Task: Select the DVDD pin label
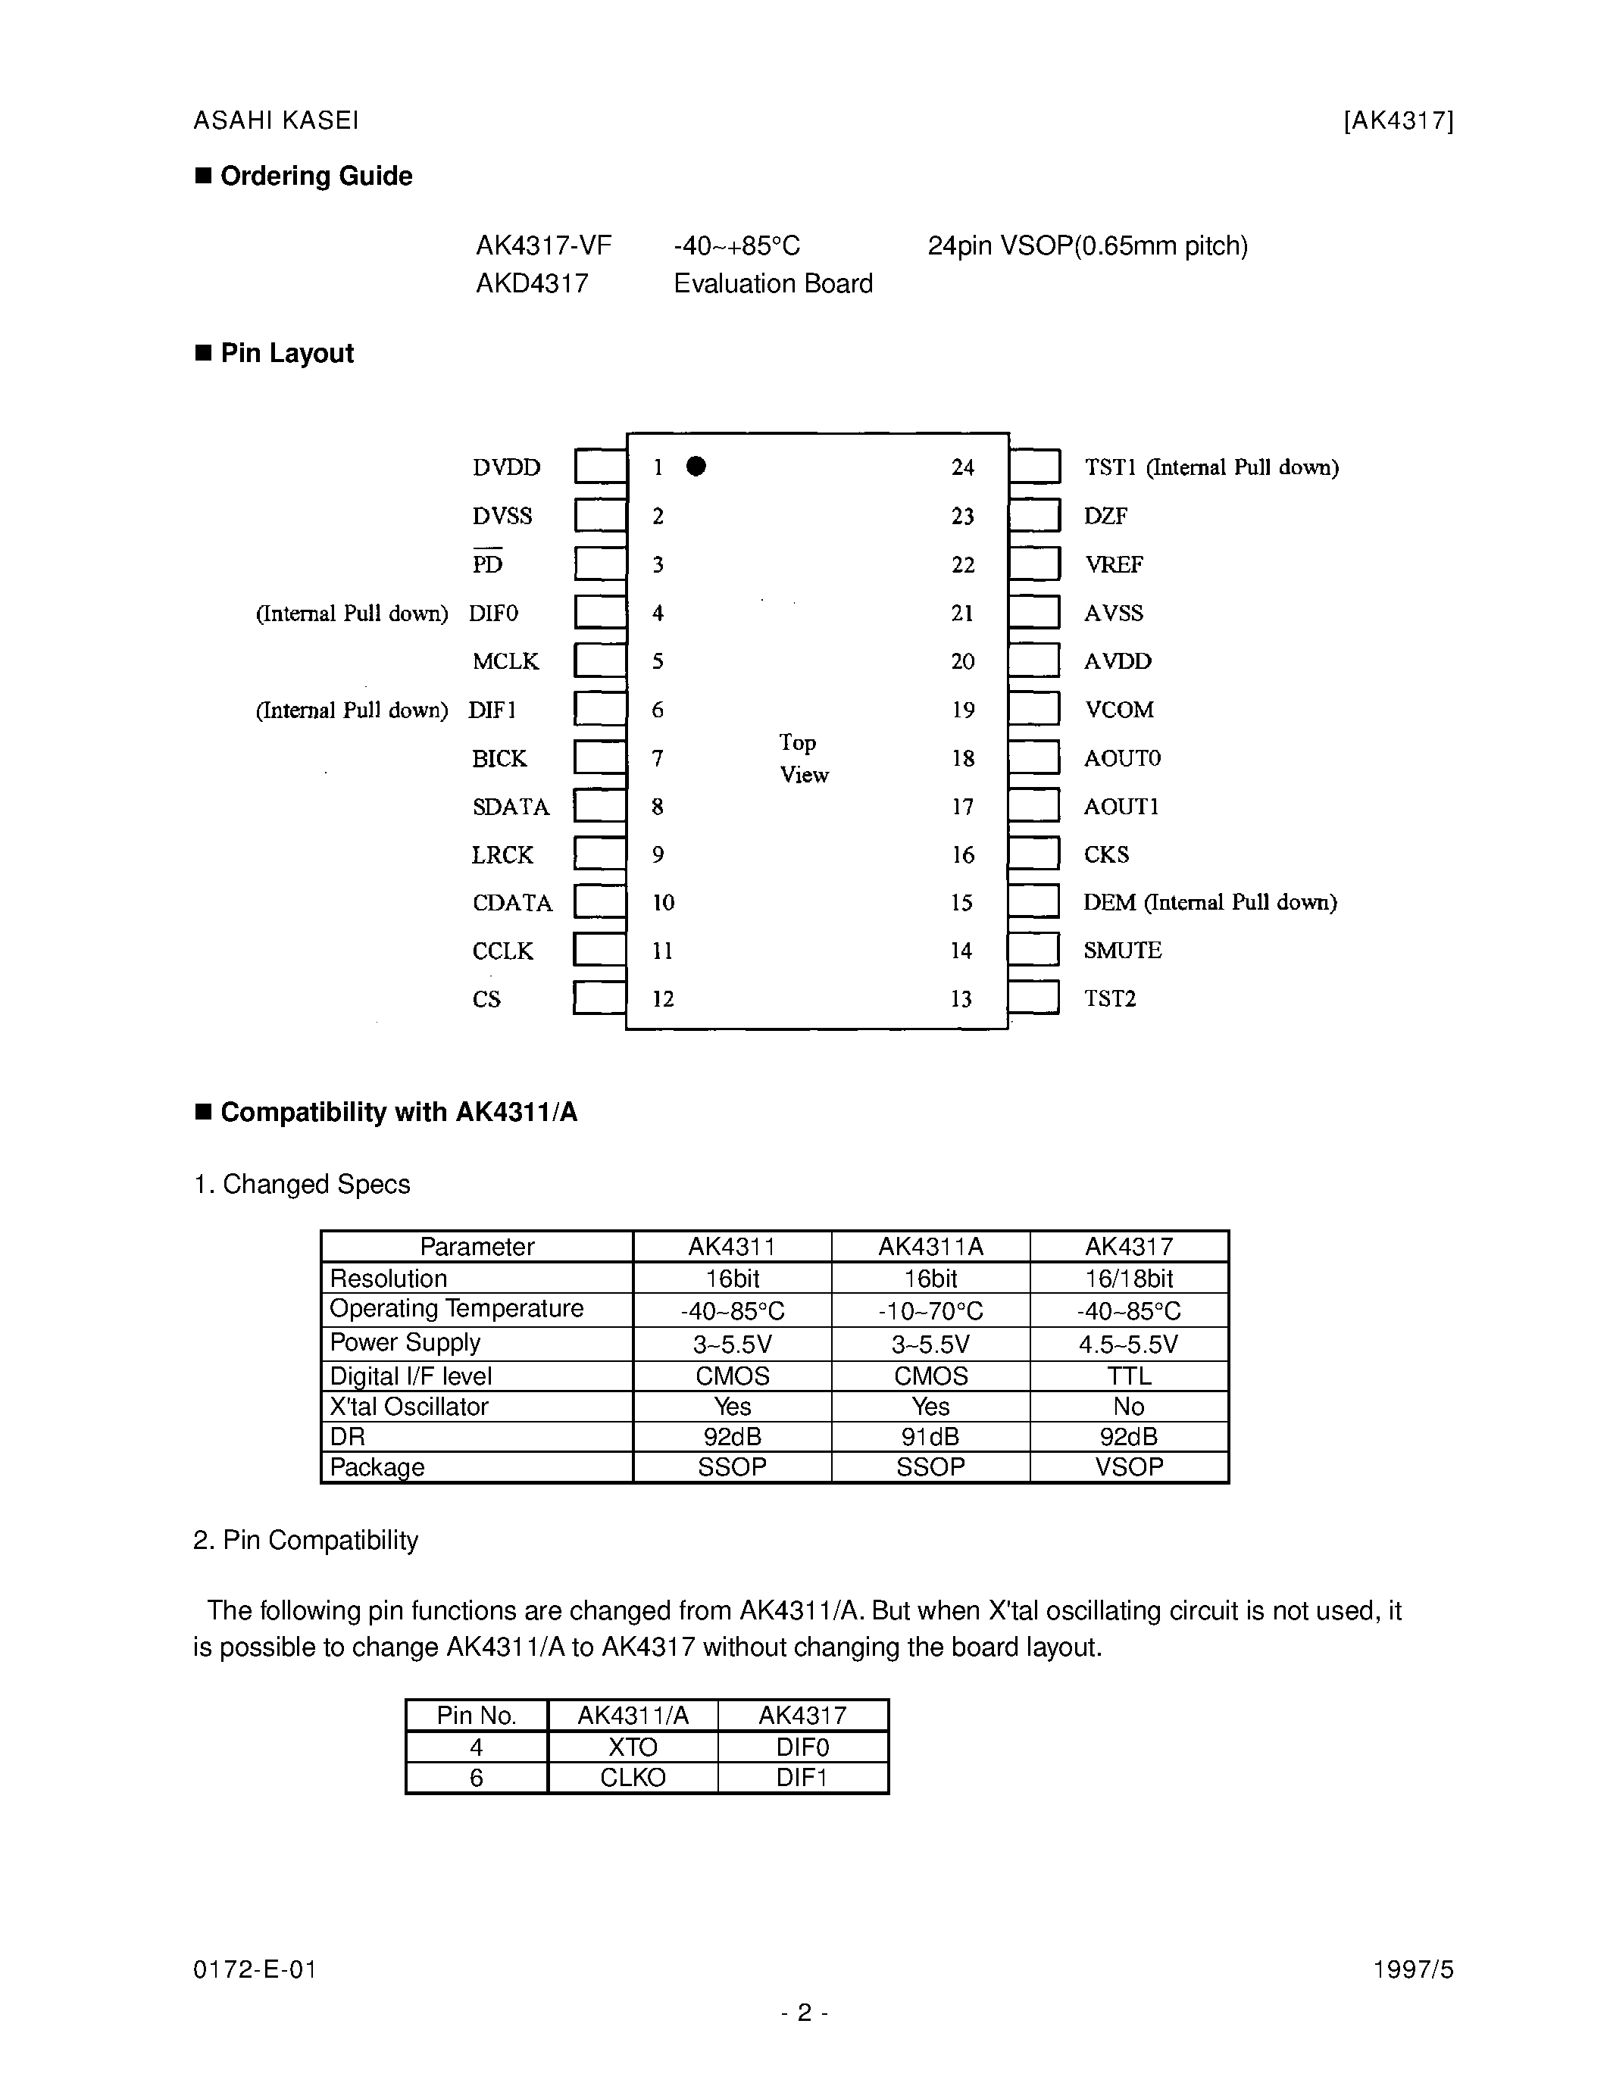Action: (506, 467)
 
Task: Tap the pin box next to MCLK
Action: (600, 660)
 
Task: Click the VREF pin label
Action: (1113, 564)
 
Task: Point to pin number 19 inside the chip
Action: (962, 710)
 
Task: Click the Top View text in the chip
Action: (803, 758)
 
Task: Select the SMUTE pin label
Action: (1123, 950)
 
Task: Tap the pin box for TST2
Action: (1034, 998)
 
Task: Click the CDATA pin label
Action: (512, 902)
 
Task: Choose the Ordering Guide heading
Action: (316, 176)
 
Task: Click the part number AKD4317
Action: (532, 283)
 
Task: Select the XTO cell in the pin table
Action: (633, 1747)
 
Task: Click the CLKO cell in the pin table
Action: (633, 1778)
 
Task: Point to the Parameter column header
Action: (477, 1247)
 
